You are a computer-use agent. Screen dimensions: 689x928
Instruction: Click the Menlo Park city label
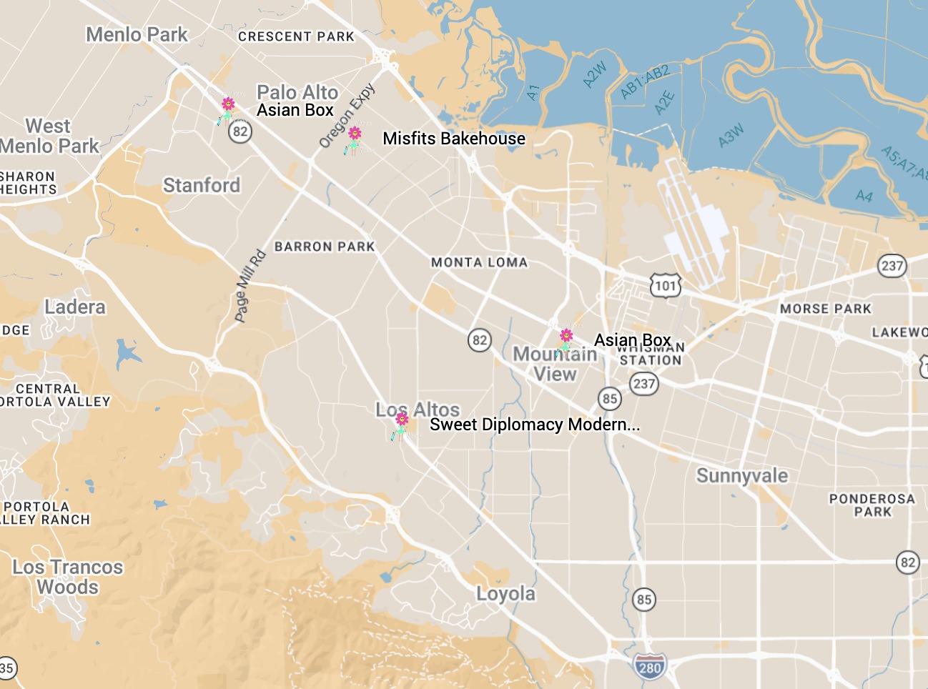[x=137, y=34]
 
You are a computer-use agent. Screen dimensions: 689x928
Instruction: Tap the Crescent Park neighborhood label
[x=296, y=36]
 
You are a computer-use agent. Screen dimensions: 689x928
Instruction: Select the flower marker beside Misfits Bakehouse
[x=354, y=139]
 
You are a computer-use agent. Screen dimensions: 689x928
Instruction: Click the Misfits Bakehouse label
[x=454, y=139]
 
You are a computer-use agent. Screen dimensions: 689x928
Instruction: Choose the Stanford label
[x=202, y=185]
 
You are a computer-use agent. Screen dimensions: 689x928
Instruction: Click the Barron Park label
[x=325, y=247]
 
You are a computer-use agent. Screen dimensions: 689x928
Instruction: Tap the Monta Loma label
[x=479, y=262]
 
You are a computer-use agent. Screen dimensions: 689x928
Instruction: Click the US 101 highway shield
[x=665, y=286]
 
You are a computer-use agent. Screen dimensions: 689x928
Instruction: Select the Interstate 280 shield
[x=649, y=668]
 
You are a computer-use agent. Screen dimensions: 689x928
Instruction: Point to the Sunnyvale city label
[x=742, y=476]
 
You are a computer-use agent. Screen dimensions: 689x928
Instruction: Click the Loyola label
[x=505, y=594]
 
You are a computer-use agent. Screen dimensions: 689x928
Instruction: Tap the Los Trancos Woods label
[x=68, y=577]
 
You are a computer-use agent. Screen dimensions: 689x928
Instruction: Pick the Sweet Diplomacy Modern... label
[x=534, y=425]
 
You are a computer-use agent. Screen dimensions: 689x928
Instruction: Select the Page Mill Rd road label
[x=250, y=285]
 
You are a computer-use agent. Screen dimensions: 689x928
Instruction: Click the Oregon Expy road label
[x=347, y=116]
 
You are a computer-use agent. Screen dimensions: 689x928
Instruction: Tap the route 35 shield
[x=6, y=669]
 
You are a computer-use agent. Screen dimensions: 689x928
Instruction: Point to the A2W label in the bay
[x=594, y=74]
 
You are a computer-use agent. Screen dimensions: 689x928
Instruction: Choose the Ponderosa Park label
[x=872, y=505]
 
